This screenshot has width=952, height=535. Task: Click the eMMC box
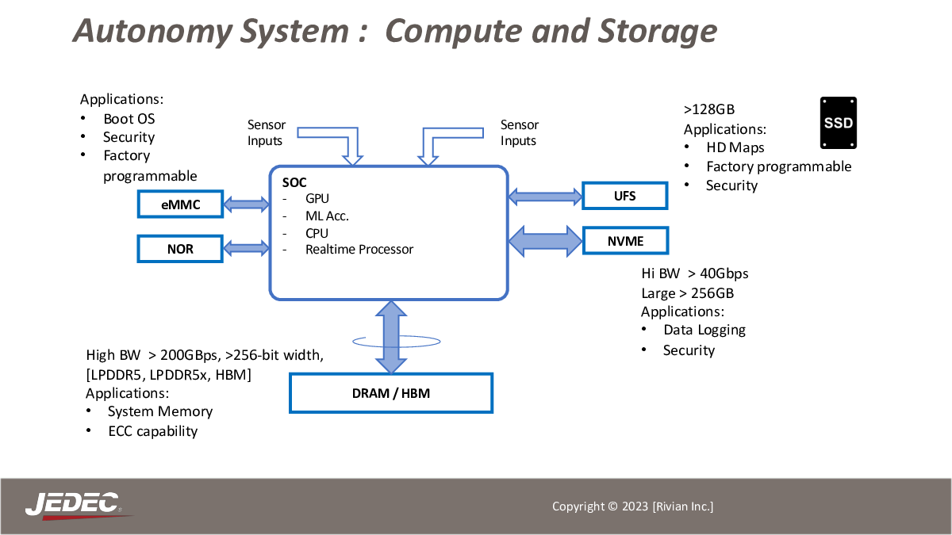(x=180, y=204)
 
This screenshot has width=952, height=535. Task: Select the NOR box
(x=180, y=249)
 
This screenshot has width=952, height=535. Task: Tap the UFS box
(x=625, y=196)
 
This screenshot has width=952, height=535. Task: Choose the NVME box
(x=626, y=241)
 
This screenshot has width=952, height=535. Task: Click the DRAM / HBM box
(x=391, y=393)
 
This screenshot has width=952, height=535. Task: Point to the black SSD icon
(x=838, y=123)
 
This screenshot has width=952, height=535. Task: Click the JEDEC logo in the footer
(x=75, y=506)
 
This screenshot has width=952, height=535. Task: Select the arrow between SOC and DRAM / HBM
(x=391, y=337)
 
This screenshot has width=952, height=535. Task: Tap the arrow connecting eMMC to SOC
(x=247, y=204)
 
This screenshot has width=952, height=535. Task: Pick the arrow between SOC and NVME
(x=545, y=241)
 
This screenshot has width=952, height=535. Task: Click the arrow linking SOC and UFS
(x=545, y=197)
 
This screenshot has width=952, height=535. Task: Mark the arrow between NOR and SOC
(x=247, y=248)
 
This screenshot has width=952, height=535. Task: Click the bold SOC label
(x=294, y=182)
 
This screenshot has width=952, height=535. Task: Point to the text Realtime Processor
(x=359, y=249)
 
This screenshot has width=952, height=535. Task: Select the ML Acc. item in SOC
(x=327, y=216)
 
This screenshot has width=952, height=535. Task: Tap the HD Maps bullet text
(x=735, y=147)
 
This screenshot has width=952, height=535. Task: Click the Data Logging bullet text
(x=704, y=330)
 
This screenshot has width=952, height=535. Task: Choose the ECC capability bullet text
(x=153, y=431)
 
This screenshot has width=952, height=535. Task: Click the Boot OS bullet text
(x=129, y=119)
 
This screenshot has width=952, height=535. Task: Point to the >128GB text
(x=709, y=109)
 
